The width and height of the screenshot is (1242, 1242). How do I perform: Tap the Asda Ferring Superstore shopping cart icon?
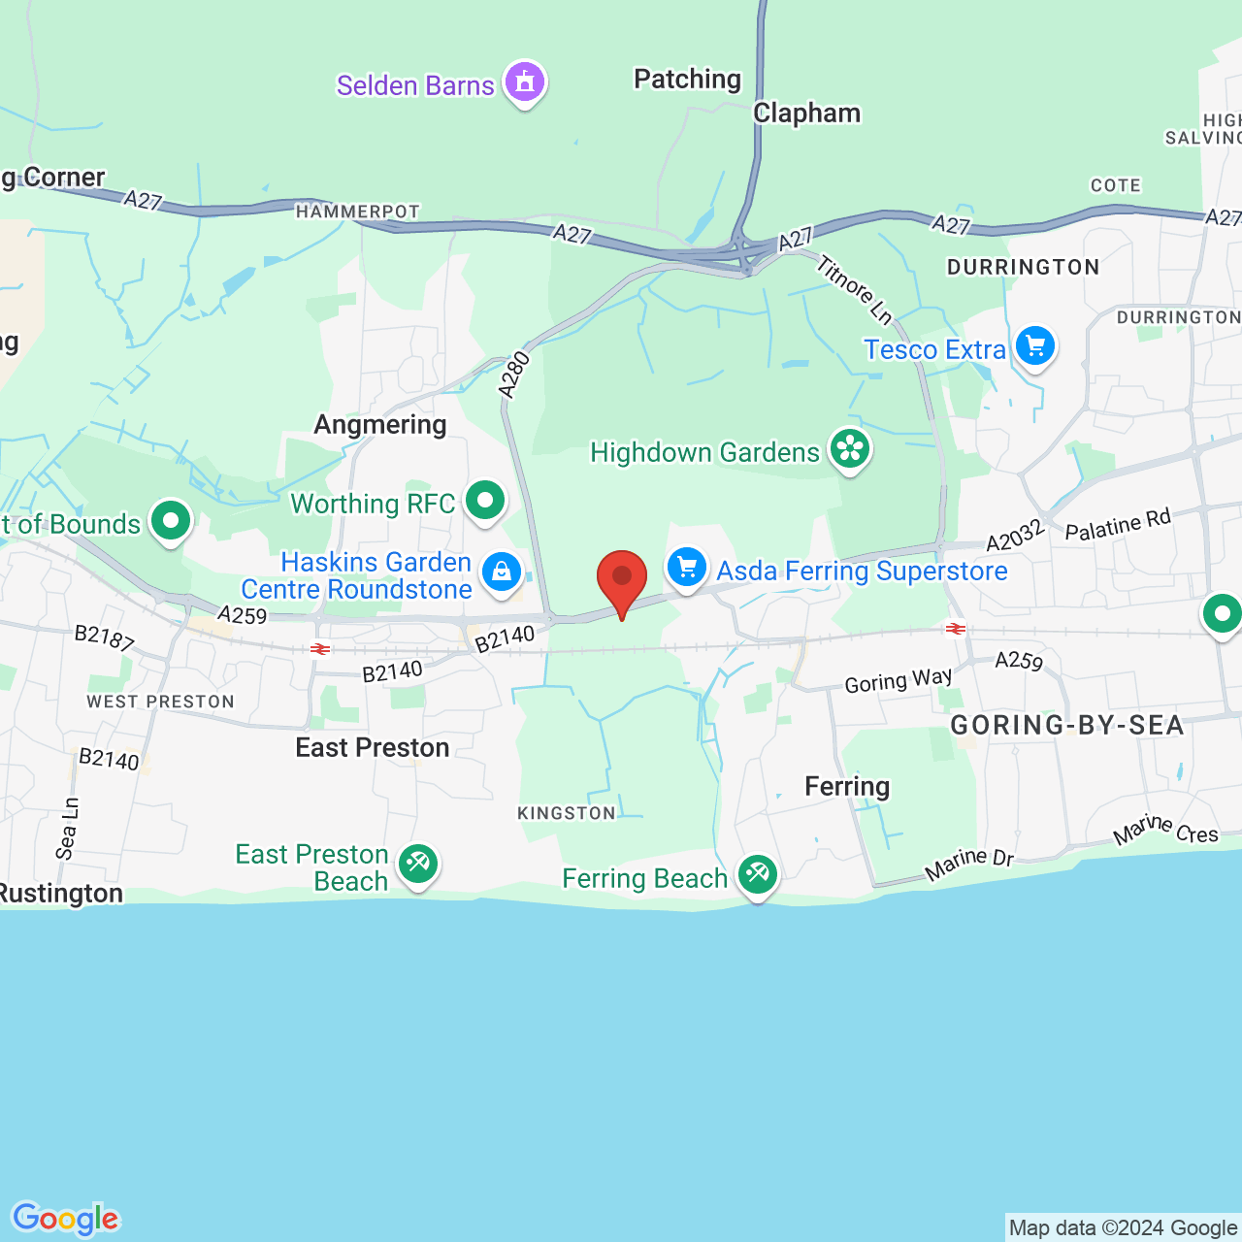pyautogui.click(x=687, y=567)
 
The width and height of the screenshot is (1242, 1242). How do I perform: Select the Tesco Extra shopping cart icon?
pyautogui.click(x=1035, y=345)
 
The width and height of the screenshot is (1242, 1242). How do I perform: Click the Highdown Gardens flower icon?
pyautogui.click(x=850, y=449)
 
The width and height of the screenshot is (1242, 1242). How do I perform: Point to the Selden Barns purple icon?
pyautogui.click(x=525, y=82)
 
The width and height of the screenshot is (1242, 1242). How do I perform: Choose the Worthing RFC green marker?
pyautogui.click(x=485, y=501)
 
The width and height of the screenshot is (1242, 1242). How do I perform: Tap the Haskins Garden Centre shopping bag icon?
pyautogui.click(x=502, y=572)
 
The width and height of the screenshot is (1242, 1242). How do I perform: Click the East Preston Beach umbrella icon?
pyautogui.click(x=418, y=863)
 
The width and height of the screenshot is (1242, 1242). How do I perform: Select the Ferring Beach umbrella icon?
pyautogui.click(x=757, y=875)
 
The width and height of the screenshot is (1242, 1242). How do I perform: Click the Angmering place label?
pyautogui.click(x=380, y=425)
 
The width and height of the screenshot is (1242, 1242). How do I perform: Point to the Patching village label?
pyautogui.click(x=687, y=79)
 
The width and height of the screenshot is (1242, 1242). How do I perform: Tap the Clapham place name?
pyautogui.click(x=806, y=114)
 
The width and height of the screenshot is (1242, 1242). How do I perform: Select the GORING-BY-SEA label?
pyautogui.click(x=1066, y=726)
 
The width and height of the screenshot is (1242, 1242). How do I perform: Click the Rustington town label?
pyautogui.click(x=61, y=894)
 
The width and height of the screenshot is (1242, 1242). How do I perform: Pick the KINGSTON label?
pyautogui.click(x=567, y=813)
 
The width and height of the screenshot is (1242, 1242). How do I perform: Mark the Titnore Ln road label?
pyautogui.click(x=854, y=288)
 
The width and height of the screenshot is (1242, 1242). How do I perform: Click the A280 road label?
pyautogui.click(x=514, y=375)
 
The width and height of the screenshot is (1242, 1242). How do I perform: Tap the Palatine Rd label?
pyautogui.click(x=1118, y=525)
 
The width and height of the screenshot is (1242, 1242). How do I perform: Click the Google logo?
pyautogui.click(x=66, y=1219)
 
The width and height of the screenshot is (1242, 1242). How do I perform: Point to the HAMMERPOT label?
pyautogui.click(x=358, y=212)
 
